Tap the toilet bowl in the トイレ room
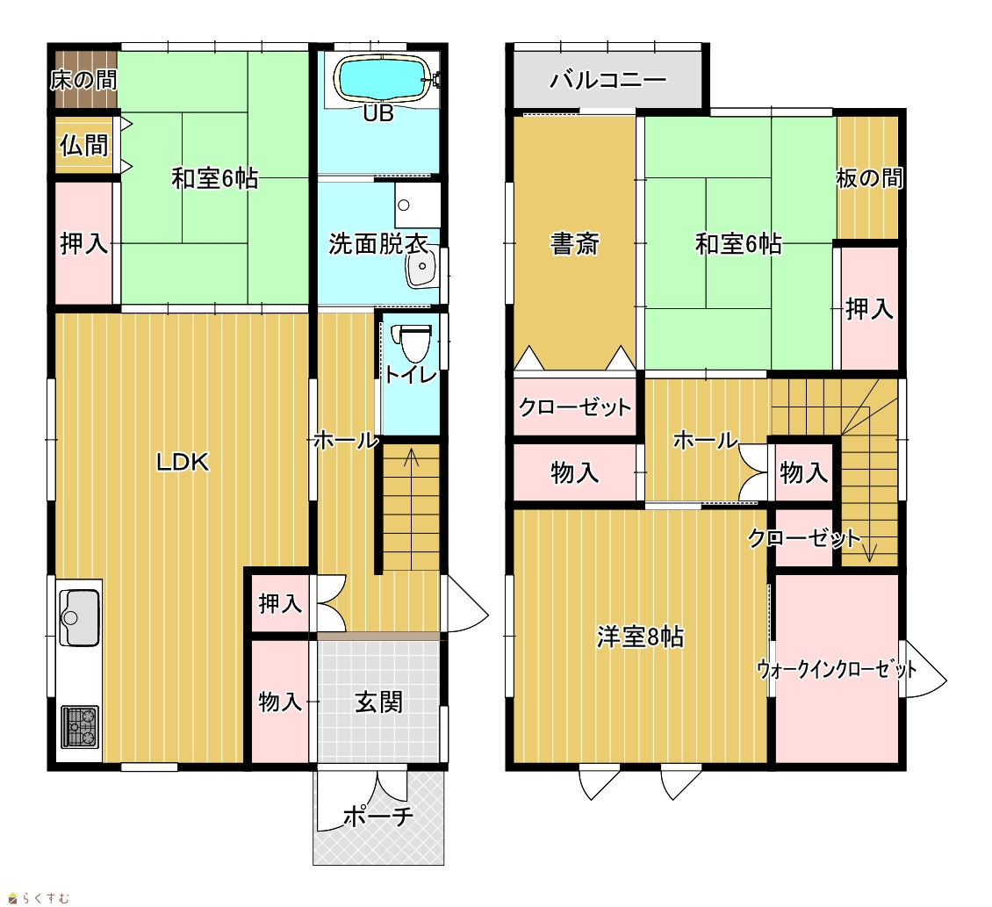pyautogui.click(x=413, y=342)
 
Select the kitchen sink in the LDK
pyautogui.click(x=80, y=617)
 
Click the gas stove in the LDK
pyautogui.click(x=80, y=727)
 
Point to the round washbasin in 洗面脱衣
pyautogui.click(x=421, y=266)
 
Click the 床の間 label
pyautogui.click(x=83, y=80)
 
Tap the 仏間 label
pyautogui.click(x=84, y=145)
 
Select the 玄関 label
pyautogui.click(x=378, y=702)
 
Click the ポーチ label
pyautogui.click(x=378, y=817)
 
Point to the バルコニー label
pyautogui.click(x=608, y=80)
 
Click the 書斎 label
pyautogui.click(x=574, y=244)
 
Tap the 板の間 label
pyautogui.click(x=869, y=178)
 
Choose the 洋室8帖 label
pyautogui.click(x=640, y=637)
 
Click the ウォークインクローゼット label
pyautogui.click(x=837, y=669)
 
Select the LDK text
pyautogui.click(x=183, y=462)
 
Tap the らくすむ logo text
pyautogui.click(x=46, y=898)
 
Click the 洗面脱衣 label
pyautogui.click(x=377, y=244)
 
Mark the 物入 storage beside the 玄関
pyautogui.click(x=280, y=702)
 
